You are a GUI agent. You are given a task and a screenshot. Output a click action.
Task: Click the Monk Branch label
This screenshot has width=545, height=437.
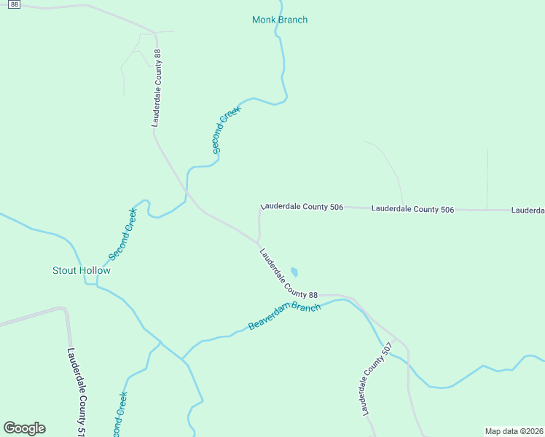tap(280, 20)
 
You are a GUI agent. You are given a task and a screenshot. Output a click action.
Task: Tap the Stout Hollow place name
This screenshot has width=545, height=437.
tap(82, 271)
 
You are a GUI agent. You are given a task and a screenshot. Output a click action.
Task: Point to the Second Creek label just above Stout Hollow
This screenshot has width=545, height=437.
tap(122, 235)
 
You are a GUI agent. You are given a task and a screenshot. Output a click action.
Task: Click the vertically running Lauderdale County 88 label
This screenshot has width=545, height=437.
tap(156, 88)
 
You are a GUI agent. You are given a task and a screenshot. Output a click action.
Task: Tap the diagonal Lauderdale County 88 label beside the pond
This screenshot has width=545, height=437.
tap(289, 273)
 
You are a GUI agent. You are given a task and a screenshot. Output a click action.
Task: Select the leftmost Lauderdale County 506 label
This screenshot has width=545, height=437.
tap(302, 208)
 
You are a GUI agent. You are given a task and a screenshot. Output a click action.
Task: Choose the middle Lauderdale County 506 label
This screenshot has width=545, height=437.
tap(412, 210)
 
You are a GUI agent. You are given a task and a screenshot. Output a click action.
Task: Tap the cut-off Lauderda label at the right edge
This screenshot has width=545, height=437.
tap(528, 210)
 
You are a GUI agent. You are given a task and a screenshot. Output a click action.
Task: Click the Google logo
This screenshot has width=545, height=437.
tap(24, 428)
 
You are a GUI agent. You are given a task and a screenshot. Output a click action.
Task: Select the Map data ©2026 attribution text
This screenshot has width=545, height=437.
tap(514, 431)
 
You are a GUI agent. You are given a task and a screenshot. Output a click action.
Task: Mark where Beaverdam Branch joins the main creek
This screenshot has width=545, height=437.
tap(182, 359)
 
